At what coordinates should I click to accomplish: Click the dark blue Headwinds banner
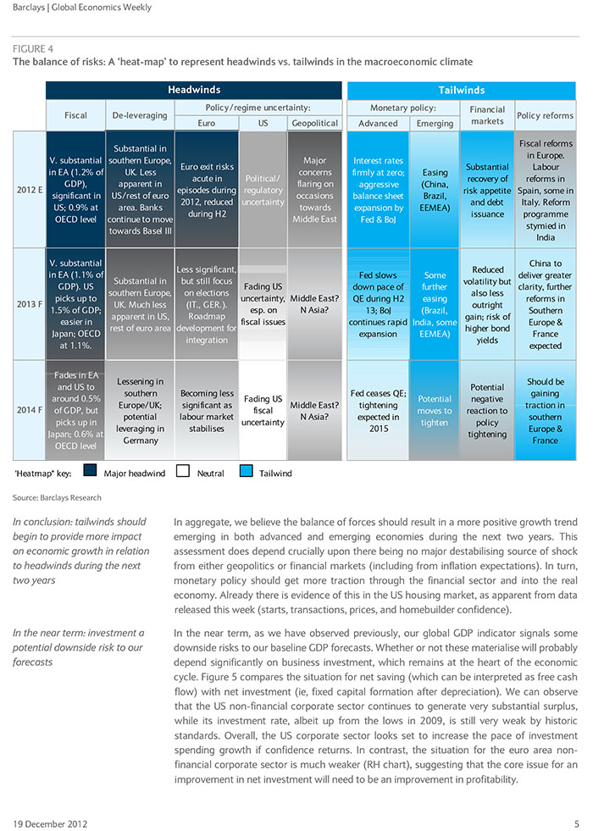194,90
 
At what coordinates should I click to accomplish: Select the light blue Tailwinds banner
461,90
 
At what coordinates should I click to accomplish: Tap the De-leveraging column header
140,115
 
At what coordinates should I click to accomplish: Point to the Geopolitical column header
315,123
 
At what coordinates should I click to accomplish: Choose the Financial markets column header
487,115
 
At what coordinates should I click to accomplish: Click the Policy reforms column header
545,115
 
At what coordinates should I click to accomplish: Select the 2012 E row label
30,189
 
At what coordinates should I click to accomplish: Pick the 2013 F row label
30,304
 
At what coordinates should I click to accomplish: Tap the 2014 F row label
30,410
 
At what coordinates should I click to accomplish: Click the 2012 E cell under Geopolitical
315,189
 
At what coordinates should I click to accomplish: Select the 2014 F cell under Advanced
379,410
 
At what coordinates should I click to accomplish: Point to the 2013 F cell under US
263,304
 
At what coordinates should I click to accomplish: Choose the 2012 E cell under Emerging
435,189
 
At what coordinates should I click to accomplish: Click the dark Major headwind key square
90,471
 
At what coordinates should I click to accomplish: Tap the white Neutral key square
183,471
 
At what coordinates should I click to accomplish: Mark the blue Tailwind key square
246,471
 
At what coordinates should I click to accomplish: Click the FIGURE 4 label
33,49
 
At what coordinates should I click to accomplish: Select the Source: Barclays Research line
57,497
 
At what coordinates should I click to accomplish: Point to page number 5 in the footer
577,824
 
